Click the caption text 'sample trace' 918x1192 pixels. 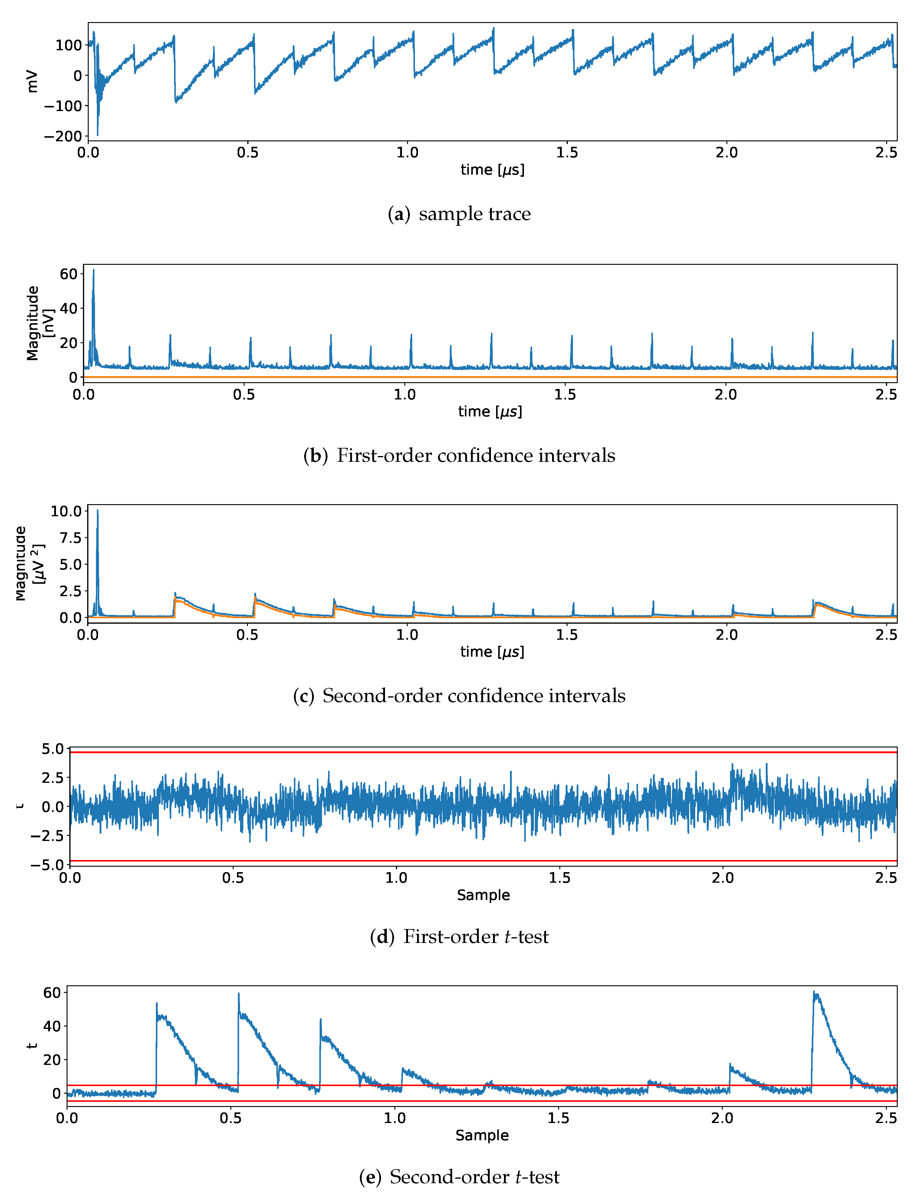(474, 213)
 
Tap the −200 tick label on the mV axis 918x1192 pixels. (63, 136)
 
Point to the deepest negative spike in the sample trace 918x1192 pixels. (98, 134)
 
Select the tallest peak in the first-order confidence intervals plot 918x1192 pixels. (93, 271)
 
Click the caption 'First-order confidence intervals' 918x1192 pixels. (475, 455)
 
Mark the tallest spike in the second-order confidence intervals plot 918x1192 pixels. (98, 511)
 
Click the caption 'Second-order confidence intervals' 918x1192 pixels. (474, 695)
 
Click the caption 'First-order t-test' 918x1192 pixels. (475, 937)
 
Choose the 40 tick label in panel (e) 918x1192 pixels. (52, 1026)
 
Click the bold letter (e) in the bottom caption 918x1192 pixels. (370, 1177)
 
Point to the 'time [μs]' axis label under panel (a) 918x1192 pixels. (492, 170)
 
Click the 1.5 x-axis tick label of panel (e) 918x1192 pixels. (558, 1118)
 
